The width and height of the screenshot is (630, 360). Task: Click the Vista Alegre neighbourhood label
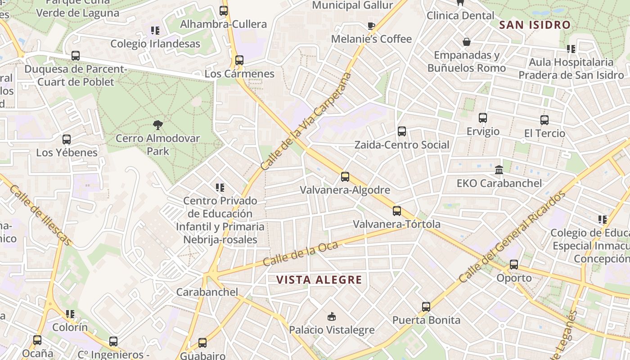(319, 280)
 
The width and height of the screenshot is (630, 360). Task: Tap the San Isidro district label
(535, 25)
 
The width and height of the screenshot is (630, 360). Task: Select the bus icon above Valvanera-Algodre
(345, 177)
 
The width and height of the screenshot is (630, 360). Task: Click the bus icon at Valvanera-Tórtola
(396, 211)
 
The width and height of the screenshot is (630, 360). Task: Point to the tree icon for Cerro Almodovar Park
(157, 125)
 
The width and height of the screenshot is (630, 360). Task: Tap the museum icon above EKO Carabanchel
(499, 170)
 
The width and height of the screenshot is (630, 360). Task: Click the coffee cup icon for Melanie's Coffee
(371, 26)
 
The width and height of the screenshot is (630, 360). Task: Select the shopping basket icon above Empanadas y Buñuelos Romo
(467, 42)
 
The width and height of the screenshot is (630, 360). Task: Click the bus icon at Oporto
(514, 264)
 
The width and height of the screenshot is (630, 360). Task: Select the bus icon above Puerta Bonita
(426, 307)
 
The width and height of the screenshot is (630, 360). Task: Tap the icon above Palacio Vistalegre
(332, 316)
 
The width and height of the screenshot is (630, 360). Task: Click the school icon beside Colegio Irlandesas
(155, 31)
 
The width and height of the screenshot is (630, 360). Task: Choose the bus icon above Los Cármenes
(239, 60)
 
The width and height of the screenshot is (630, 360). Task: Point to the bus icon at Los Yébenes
(67, 139)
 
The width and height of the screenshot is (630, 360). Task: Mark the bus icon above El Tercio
(544, 120)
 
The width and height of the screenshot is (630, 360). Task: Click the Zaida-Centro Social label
(402, 145)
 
